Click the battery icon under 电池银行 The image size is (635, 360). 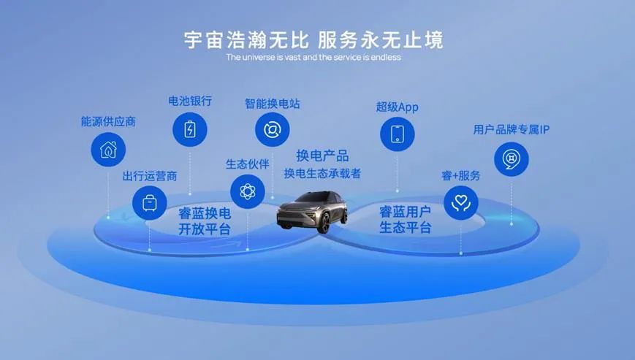coord(190,129)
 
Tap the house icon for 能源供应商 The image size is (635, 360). coord(108,149)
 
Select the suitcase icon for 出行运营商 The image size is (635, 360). coord(150,203)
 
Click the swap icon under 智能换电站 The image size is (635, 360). coord(272,129)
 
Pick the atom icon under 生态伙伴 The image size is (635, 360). coord(248,191)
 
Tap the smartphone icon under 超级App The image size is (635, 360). coord(398,134)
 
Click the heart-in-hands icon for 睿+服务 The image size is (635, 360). coord(461,203)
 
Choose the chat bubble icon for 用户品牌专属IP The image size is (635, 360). coord(511,159)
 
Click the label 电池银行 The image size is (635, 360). coord(190,101)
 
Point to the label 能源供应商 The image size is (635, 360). coord(108,121)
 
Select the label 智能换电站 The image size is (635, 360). coord(272,104)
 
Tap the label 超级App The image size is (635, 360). coord(397,107)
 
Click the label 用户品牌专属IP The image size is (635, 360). coord(511,129)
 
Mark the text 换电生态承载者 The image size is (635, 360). coord(322,174)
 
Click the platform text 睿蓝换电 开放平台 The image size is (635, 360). coord(205,221)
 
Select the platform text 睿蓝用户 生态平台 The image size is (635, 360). coord(405,219)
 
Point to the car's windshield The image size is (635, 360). coord(311,199)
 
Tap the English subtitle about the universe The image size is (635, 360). coord(313,57)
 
